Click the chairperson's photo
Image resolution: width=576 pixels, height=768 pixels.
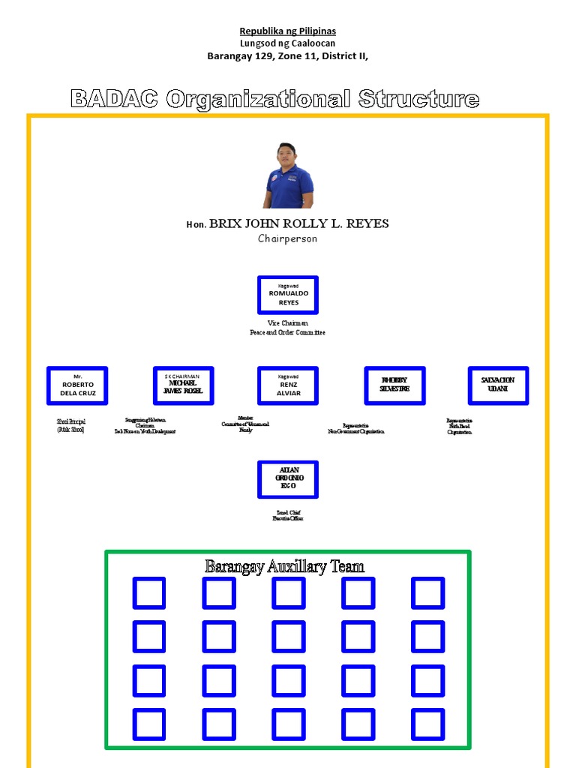point(287,175)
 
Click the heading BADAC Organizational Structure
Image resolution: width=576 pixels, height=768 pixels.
point(274,99)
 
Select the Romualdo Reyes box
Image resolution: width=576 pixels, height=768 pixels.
point(288,295)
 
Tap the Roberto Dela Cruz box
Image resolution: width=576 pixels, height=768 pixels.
point(77,385)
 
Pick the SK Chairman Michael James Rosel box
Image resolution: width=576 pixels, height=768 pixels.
point(184,385)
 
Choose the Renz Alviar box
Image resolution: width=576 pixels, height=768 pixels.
point(288,385)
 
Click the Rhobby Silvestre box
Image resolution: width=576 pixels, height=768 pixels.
point(394,385)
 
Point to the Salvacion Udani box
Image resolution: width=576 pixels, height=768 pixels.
point(498,385)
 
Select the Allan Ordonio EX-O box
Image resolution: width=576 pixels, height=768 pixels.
point(288,479)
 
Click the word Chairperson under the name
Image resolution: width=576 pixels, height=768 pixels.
point(287,238)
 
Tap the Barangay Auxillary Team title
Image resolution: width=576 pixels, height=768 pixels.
point(285,567)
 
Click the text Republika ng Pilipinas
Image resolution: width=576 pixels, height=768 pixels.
point(287,31)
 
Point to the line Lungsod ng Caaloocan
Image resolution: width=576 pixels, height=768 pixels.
point(287,43)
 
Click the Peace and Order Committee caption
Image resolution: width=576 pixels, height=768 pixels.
point(287,332)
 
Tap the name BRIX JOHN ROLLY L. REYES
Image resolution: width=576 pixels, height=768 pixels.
point(298,223)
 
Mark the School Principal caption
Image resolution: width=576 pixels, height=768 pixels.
point(71,426)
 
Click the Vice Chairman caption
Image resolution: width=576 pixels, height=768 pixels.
point(287,323)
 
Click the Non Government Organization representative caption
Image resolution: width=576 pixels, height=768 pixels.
point(356,429)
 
